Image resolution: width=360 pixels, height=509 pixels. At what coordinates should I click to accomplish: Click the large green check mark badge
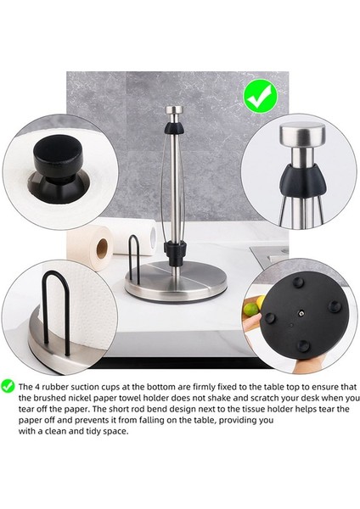[257, 98]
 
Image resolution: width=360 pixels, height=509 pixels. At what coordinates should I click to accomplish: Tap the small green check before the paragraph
[8, 385]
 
